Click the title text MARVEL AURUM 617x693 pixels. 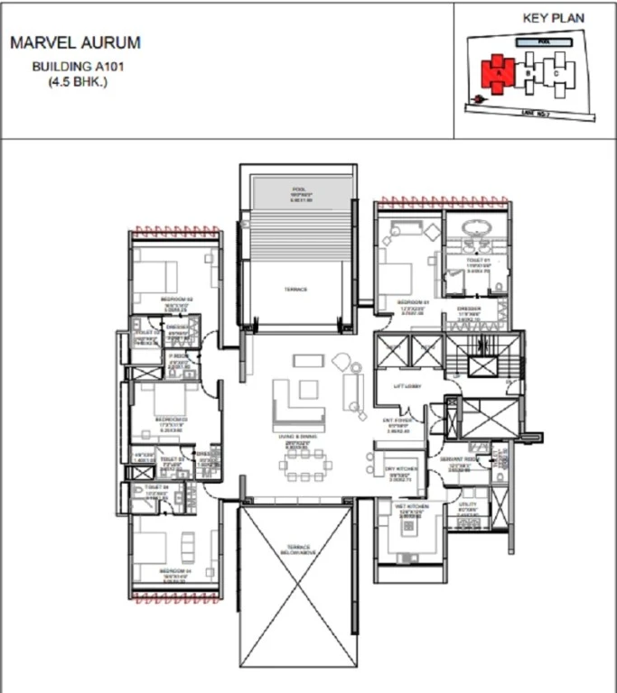pyautogui.click(x=74, y=43)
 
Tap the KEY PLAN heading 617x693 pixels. pyautogui.click(x=553, y=18)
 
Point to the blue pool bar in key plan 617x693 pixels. pyautogui.click(x=543, y=42)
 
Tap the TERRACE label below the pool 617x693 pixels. pyautogui.click(x=295, y=289)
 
